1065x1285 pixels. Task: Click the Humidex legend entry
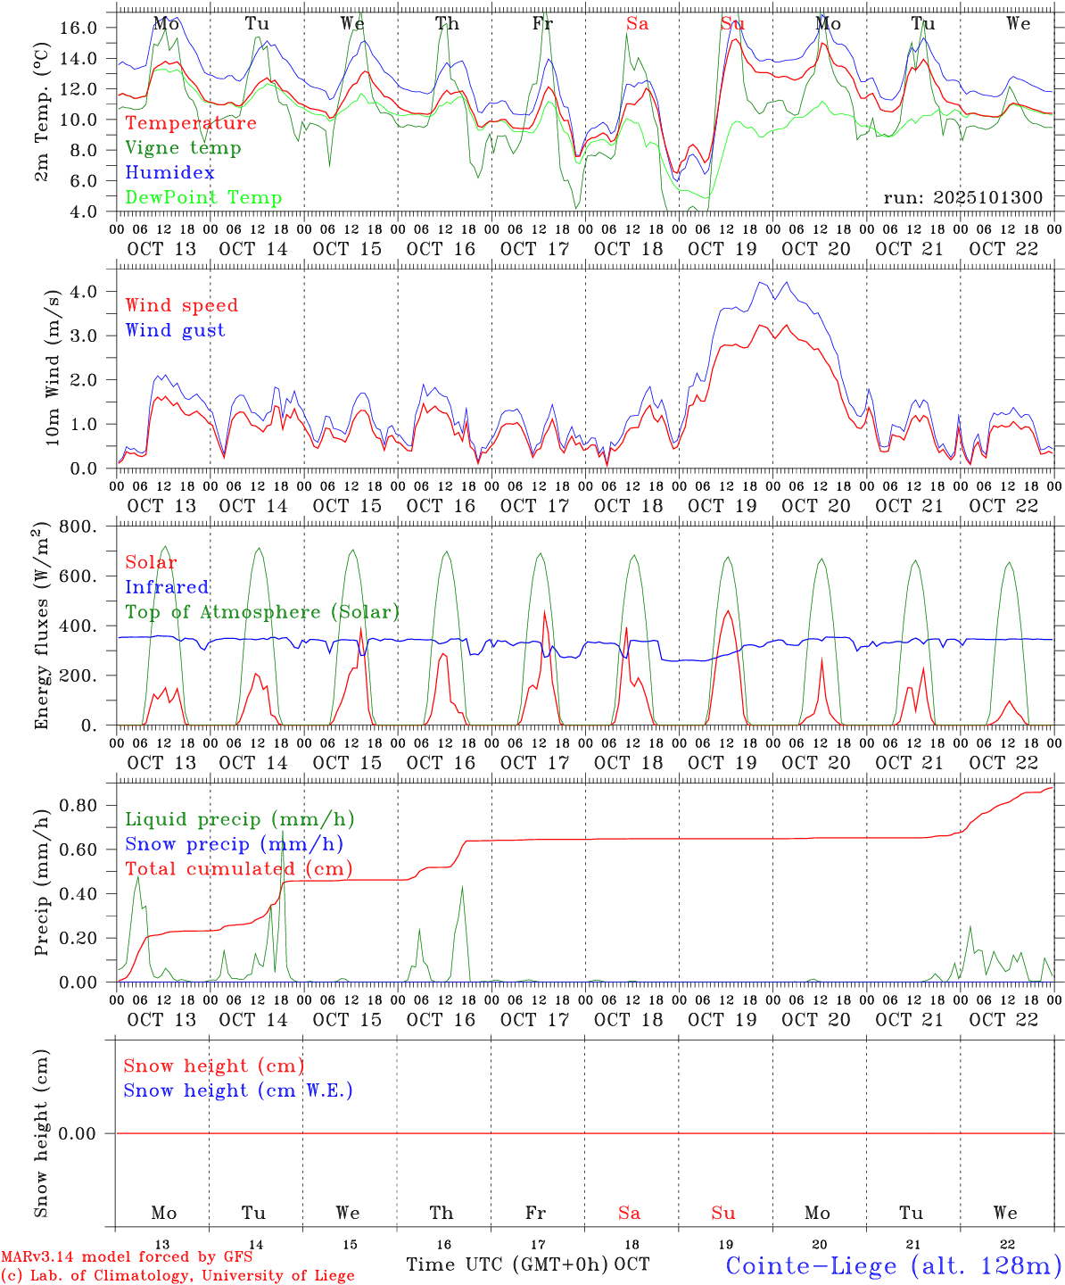(x=169, y=172)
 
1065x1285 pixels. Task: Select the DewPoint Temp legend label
(x=203, y=197)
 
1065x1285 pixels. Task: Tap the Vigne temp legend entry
(x=183, y=147)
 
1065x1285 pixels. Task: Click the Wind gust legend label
(x=175, y=330)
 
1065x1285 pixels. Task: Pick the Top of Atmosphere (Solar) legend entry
(x=262, y=611)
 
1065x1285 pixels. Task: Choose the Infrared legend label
(x=167, y=586)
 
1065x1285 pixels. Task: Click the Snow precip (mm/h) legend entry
(x=234, y=843)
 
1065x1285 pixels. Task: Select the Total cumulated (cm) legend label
(x=238, y=868)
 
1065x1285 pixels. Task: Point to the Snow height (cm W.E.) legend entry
(x=238, y=1090)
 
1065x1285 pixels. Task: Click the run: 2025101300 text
(x=962, y=197)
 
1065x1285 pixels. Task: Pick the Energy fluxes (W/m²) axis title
(x=41, y=627)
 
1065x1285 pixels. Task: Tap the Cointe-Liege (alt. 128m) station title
(x=894, y=1264)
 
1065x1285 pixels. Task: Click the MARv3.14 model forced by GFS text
(x=127, y=1256)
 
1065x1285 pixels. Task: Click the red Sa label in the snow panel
(x=629, y=1213)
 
